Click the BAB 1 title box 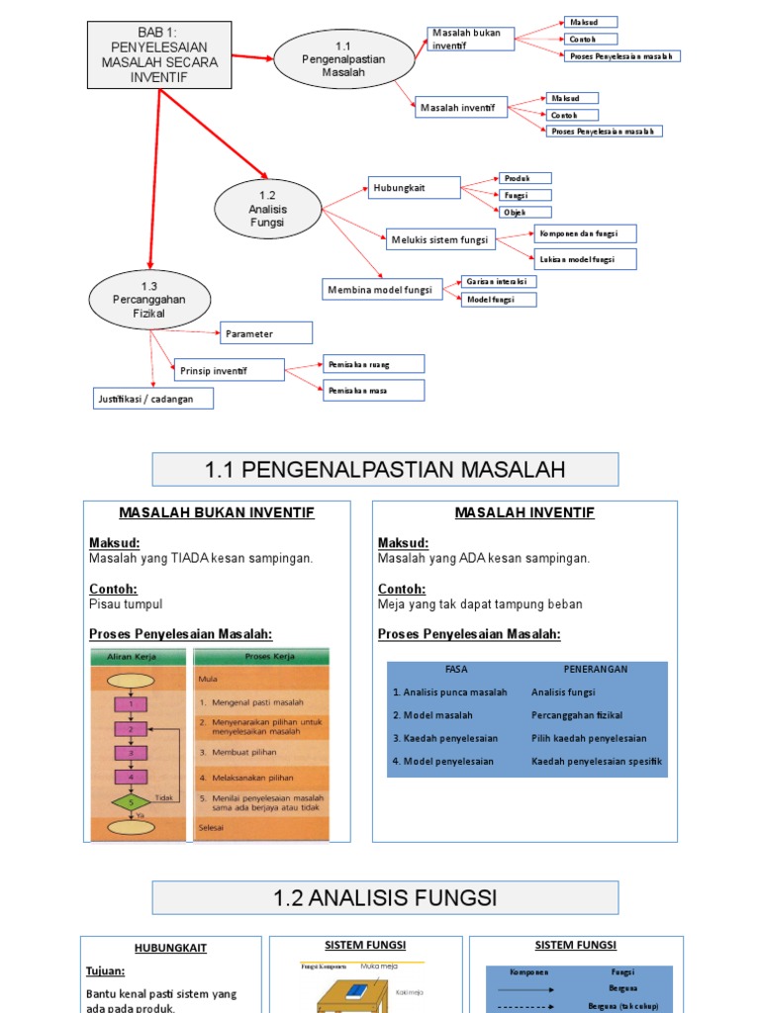(158, 53)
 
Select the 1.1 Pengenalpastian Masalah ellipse (343, 59)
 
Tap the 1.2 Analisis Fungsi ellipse (267, 209)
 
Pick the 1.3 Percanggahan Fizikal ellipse (149, 300)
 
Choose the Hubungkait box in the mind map (414, 188)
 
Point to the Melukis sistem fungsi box (440, 239)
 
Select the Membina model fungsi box (380, 289)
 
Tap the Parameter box (265, 333)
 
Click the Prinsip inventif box (229, 371)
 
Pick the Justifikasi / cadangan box (153, 399)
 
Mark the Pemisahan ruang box (374, 364)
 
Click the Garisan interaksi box (499, 282)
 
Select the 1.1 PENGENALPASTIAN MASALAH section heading (385, 470)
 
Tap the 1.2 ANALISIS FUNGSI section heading (385, 898)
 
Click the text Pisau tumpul (126, 603)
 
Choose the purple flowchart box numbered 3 (130, 753)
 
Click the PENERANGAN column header (596, 669)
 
